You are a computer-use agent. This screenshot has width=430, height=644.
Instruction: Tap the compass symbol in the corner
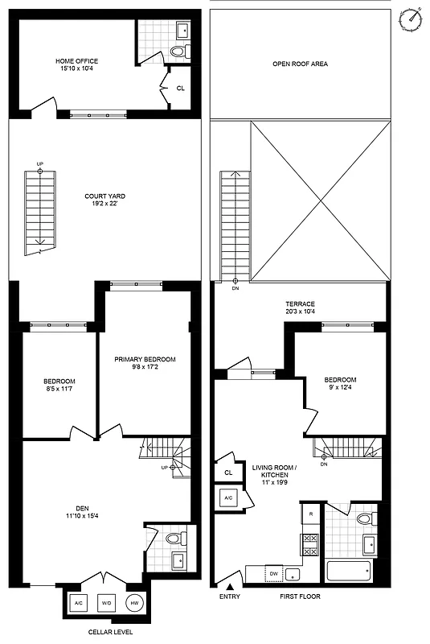pyautogui.click(x=413, y=18)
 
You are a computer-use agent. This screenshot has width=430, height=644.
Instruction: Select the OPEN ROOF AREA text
pyautogui.click(x=300, y=64)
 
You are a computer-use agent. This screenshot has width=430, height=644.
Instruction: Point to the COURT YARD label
pyautogui.click(x=105, y=196)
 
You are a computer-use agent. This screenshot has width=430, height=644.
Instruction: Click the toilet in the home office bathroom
pyautogui.click(x=178, y=52)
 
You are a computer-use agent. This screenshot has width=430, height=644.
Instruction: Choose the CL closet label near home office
pyautogui.click(x=180, y=89)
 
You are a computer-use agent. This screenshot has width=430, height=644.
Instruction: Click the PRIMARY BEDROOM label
pyautogui.click(x=145, y=359)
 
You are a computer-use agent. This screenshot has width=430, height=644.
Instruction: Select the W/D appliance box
pyautogui.click(x=106, y=603)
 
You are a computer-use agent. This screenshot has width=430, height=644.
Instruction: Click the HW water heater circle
pyautogui.click(x=134, y=603)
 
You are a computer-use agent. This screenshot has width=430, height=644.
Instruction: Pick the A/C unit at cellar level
pyautogui.click(x=78, y=603)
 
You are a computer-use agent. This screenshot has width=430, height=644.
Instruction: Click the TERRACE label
pyautogui.click(x=298, y=303)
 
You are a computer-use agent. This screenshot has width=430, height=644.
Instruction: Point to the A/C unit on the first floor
pyautogui.click(x=227, y=498)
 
